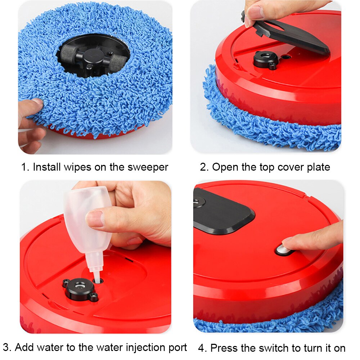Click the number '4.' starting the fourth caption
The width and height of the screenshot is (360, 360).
point(203,348)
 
